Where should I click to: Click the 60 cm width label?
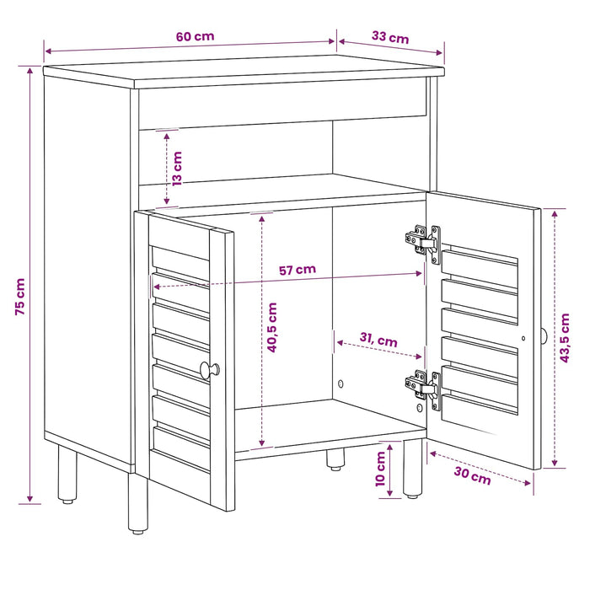pyautogui.click(x=195, y=36)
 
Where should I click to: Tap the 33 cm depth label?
pyautogui.click(x=390, y=37)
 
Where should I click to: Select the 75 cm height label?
pyautogui.click(x=20, y=297)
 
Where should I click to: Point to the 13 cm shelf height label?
pyautogui.click(x=177, y=169)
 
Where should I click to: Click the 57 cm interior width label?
pyautogui.click(x=298, y=270)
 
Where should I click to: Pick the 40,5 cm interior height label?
pyautogui.click(x=272, y=327)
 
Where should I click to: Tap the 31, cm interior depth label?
pyautogui.click(x=378, y=340)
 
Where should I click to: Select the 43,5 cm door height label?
pyautogui.click(x=565, y=338)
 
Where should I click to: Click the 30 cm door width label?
pyautogui.click(x=472, y=475)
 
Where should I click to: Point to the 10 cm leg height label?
pyautogui.click(x=380, y=469)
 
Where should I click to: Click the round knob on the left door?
pyautogui.click(x=209, y=370)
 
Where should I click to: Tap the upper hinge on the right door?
pyautogui.click(x=423, y=244)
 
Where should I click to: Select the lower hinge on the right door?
pyautogui.click(x=423, y=390)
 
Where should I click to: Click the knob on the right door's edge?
pyautogui.click(x=544, y=335)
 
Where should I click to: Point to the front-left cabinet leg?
pyautogui.click(x=137, y=503)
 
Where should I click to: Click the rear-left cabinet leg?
pyautogui.click(x=67, y=474)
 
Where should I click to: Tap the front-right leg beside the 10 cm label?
pyautogui.click(x=413, y=469)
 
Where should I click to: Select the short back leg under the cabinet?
pyautogui.click(x=335, y=459)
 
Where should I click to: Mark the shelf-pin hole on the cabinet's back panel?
pyautogui.click(x=341, y=383)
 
